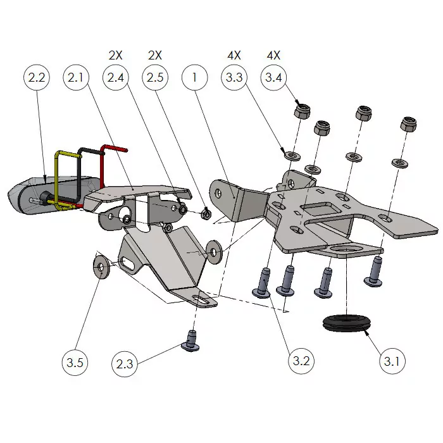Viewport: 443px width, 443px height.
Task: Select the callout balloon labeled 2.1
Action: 76,78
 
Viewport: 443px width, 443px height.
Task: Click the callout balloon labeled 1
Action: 194,78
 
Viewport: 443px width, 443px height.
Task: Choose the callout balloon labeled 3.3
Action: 234,78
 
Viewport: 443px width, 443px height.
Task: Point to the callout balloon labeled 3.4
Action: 274,78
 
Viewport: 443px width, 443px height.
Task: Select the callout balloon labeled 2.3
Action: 125,364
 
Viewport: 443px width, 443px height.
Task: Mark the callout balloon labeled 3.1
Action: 392,362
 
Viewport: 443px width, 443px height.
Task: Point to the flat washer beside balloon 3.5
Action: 101,266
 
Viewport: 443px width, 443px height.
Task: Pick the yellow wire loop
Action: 63,177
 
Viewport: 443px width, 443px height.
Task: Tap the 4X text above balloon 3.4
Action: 274,55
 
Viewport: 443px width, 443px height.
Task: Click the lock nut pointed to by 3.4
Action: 301,111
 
